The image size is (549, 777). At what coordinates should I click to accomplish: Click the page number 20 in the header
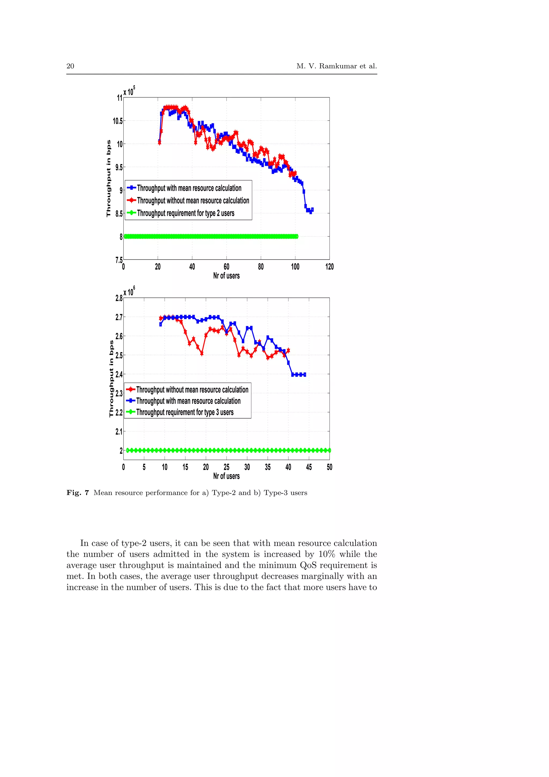70,66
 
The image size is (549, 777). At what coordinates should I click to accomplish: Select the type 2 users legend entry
185,213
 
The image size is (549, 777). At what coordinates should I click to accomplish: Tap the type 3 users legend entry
185,412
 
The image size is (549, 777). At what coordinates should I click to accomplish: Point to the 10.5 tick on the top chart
117,121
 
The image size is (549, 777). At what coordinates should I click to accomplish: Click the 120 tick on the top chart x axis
329,267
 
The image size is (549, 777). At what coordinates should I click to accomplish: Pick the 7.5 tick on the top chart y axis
119,260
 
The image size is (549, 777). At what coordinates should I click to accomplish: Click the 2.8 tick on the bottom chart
119,298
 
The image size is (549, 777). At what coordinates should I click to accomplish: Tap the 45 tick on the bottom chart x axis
309,467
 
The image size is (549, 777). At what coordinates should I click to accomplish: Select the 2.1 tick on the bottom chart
119,431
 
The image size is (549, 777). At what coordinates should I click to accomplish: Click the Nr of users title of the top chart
226,276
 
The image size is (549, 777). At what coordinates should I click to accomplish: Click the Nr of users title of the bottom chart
226,476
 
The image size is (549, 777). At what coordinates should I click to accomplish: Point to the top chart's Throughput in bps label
109,178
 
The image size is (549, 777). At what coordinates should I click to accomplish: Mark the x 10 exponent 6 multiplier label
129,291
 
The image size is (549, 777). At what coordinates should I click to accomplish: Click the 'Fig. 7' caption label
77,493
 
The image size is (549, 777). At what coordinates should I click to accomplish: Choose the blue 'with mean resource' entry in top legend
189,188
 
